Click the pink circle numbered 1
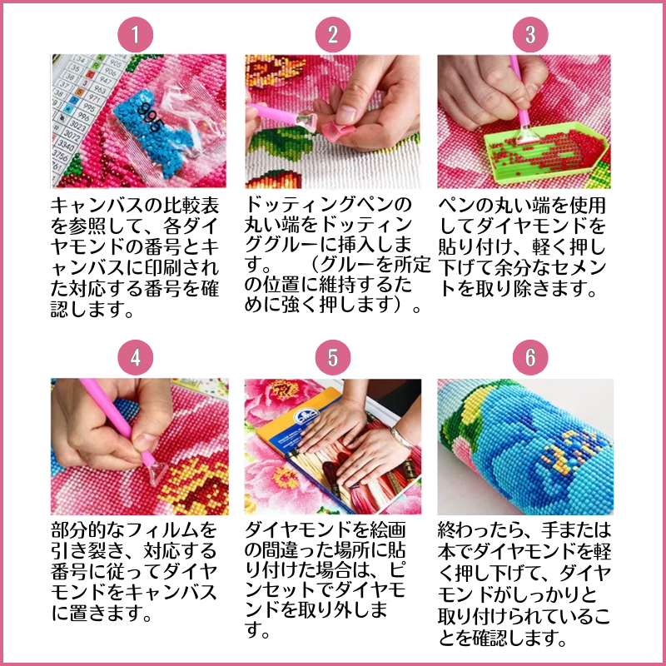135,34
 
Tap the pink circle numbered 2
332,34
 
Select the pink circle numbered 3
530,34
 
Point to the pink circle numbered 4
135,357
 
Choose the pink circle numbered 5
332,357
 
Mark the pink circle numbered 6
530,357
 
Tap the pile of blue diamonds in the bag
154,132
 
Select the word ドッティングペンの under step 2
328,205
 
